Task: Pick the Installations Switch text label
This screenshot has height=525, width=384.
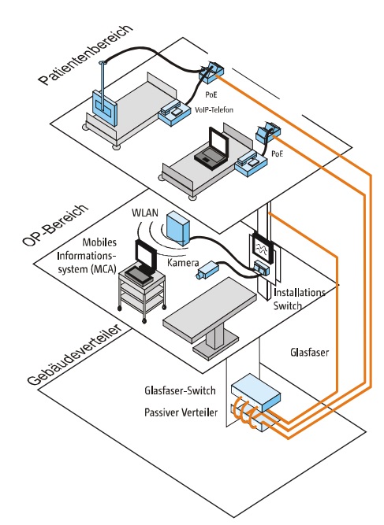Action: coord(300,299)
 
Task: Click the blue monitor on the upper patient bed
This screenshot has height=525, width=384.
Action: coord(103,104)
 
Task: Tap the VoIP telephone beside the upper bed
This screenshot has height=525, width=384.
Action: coord(173,113)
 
